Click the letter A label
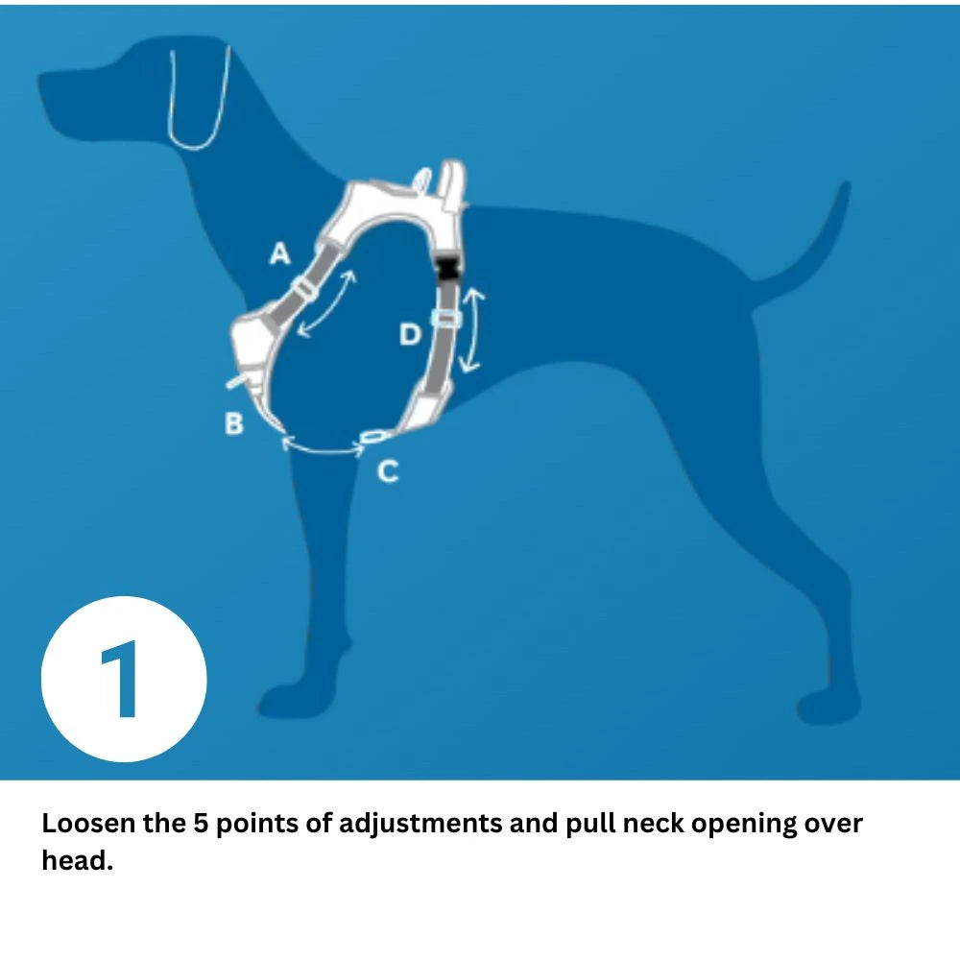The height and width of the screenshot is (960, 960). coord(278,253)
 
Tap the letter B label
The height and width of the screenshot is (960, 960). coord(233,423)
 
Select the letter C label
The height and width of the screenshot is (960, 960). coord(387,471)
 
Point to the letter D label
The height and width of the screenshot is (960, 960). coord(410,335)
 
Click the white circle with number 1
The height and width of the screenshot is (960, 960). coord(124,679)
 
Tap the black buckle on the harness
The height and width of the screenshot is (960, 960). coord(448,268)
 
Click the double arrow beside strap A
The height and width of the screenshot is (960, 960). coord(326,303)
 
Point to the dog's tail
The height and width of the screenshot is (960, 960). coord(816,240)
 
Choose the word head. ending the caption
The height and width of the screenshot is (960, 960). coord(77,861)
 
